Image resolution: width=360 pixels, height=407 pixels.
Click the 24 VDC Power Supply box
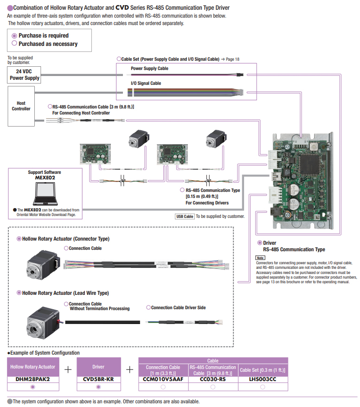[x=25, y=75]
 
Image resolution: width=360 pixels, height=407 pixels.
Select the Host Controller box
[x=21, y=106]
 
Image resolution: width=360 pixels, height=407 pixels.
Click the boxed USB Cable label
[x=185, y=216]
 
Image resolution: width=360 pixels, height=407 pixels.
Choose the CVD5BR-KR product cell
[x=98, y=378]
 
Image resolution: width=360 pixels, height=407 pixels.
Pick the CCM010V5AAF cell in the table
[x=163, y=378]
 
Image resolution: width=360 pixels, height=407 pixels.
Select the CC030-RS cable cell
[x=212, y=378]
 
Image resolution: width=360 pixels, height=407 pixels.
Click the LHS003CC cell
[x=263, y=378]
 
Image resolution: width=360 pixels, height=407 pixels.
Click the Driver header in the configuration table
[x=98, y=367]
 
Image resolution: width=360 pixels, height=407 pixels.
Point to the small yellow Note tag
[x=260, y=258]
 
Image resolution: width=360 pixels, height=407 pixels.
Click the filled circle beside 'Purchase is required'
[x=14, y=36]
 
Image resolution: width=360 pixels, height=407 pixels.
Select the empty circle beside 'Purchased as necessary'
[x=14, y=44]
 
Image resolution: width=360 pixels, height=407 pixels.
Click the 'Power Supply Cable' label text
[x=149, y=69]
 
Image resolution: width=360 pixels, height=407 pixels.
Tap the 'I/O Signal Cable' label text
[x=146, y=83]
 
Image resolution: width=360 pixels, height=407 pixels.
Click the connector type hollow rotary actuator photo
[x=44, y=263]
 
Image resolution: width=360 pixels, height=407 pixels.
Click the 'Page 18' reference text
[x=232, y=59]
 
